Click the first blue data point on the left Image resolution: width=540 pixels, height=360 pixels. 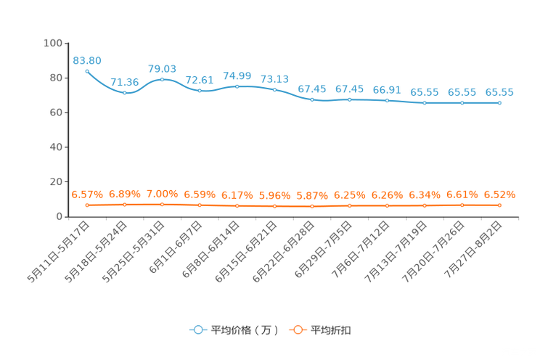click(x=87, y=70)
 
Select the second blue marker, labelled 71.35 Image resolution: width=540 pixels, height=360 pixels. click(x=125, y=93)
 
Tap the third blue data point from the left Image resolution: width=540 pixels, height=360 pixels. click(x=162, y=78)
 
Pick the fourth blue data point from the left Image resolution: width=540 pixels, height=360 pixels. click(x=200, y=91)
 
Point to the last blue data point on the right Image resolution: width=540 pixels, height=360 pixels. click(x=499, y=104)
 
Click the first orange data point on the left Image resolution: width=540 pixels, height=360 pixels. click(x=87, y=205)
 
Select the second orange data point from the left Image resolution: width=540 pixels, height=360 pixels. click(x=125, y=205)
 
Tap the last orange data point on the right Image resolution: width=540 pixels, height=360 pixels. click(x=499, y=205)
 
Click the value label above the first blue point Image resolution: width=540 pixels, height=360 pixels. click(x=87, y=60)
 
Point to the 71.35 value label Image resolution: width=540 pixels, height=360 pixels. click(x=125, y=82)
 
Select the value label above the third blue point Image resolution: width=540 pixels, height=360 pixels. click(x=162, y=68)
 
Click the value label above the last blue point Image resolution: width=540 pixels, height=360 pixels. click(x=499, y=93)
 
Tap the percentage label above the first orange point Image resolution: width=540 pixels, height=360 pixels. click(x=87, y=195)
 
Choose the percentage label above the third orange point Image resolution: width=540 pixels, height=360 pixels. click(x=162, y=195)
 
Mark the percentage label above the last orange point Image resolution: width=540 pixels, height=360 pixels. click(x=499, y=195)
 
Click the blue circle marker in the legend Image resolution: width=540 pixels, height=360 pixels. click(x=197, y=330)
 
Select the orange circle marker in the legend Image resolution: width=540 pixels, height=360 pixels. click(x=298, y=330)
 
